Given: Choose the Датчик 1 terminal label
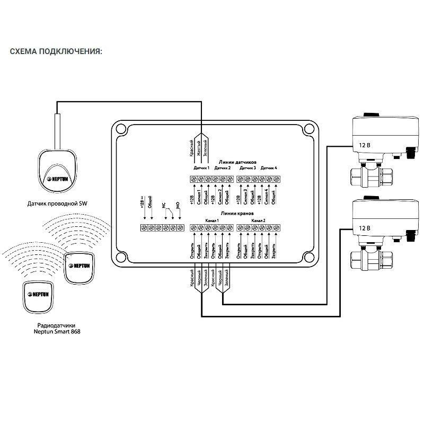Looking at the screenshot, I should click(201, 168).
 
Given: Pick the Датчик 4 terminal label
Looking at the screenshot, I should click(269, 168).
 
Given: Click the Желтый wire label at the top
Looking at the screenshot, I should click(198, 146).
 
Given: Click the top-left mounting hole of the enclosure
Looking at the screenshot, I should click(121, 128).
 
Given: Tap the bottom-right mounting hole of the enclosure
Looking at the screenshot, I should click(307, 259).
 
